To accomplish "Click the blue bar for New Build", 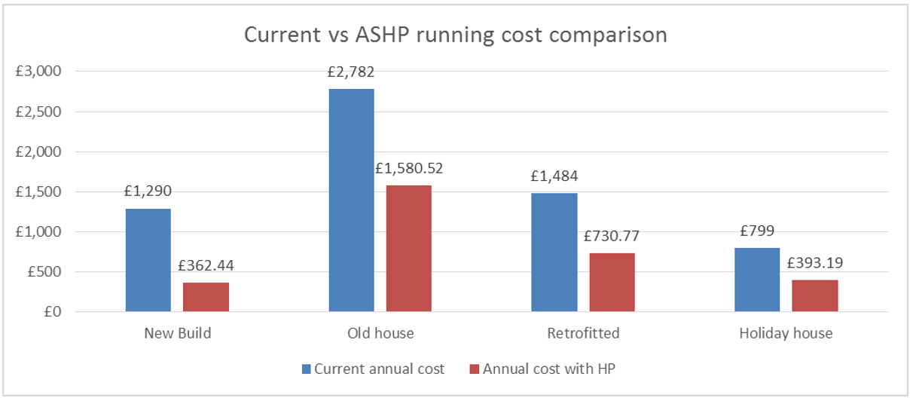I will pos(148,260).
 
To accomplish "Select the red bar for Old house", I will pos(409,248).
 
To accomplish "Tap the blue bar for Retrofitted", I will pos(554,252).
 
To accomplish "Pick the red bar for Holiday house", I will pos(814,295).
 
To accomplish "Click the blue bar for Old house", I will pos(351,200).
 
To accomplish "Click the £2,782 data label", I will pos(351,73).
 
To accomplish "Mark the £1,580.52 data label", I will pos(409,169).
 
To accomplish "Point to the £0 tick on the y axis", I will pos(51,312).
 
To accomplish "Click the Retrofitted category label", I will pos(583,333).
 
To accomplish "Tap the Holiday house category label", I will pos(786,333).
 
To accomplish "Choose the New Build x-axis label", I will pos(177,333).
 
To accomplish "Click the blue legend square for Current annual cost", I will pos(305,369).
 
